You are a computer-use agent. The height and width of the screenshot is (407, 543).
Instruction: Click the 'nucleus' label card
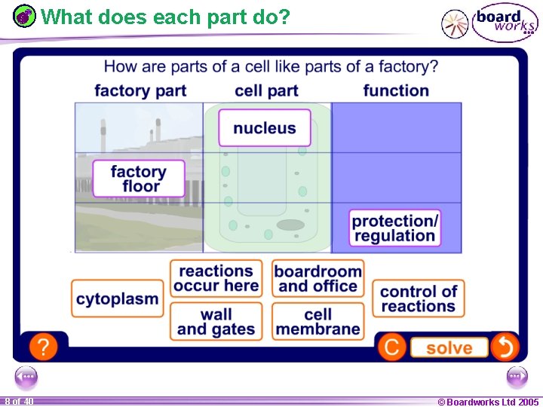[264, 128]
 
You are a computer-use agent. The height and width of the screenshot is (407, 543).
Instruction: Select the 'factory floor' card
[139, 179]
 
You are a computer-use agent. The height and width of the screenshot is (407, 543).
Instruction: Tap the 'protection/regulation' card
[394, 228]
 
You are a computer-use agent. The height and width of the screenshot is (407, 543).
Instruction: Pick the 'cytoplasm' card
[118, 298]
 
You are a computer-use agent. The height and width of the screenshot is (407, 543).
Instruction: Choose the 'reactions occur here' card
[216, 279]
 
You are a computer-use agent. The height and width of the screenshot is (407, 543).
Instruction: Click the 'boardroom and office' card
[318, 279]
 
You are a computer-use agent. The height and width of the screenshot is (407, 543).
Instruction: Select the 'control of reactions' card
[419, 298]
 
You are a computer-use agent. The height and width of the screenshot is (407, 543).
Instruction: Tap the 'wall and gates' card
[216, 322]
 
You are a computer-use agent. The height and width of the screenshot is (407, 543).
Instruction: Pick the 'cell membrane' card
[318, 322]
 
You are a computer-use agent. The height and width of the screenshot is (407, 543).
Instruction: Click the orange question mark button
[44, 347]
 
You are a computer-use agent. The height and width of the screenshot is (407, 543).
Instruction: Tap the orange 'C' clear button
[391, 347]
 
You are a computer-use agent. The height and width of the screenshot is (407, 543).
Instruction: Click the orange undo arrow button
[504, 347]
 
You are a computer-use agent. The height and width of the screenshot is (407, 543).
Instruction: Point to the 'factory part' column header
[140, 91]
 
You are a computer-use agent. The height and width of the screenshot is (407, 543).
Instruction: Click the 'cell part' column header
[266, 91]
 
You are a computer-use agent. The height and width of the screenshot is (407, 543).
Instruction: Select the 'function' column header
[396, 91]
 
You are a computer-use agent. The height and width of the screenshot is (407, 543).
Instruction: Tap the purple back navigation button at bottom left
[26, 376]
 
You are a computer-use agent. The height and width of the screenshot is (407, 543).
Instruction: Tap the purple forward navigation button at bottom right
[517, 376]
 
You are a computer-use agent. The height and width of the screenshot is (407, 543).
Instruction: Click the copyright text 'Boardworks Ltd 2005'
[488, 402]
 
